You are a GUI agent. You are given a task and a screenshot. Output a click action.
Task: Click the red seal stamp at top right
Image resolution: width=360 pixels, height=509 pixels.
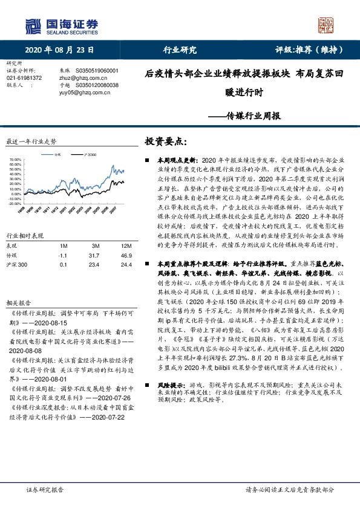point(327,25)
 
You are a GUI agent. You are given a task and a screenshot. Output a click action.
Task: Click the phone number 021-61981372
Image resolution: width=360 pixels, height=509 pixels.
point(24,78)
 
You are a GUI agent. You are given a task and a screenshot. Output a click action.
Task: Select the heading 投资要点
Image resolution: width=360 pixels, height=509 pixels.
point(167,141)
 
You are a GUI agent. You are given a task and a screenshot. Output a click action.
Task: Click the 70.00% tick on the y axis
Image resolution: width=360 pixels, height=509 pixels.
point(15,160)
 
